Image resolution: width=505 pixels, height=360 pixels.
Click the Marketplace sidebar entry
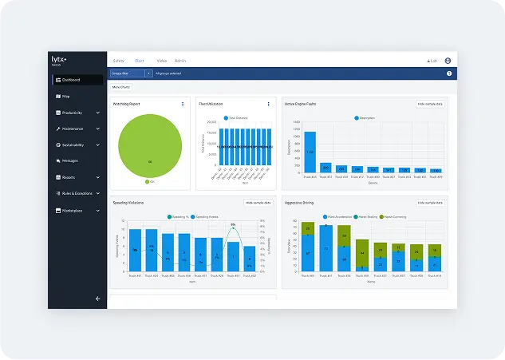76,211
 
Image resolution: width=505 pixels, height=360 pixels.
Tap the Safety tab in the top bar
118,61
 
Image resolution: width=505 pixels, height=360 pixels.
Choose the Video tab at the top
161,61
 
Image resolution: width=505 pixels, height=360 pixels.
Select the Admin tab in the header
180,61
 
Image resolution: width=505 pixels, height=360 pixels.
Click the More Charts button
120,86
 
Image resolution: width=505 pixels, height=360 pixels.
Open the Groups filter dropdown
131,73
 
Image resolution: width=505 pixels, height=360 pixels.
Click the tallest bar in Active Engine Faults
310,152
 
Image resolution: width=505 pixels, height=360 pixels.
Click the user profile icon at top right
448,61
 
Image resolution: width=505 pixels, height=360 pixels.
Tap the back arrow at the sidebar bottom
98,299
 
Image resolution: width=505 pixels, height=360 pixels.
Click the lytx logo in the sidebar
58,60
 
